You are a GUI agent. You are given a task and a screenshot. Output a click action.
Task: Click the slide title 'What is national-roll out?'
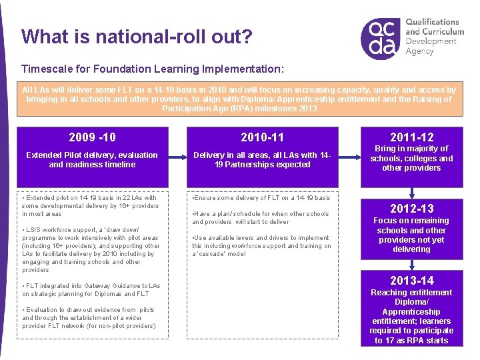coord(137,36)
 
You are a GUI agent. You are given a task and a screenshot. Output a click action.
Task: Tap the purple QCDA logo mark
coord(382,38)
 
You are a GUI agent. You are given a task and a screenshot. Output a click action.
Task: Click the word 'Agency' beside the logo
coord(420,51)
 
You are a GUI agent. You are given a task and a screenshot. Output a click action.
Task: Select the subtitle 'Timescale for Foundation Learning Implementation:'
coord(153,69)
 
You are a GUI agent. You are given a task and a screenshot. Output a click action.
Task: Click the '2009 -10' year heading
coord(92,137)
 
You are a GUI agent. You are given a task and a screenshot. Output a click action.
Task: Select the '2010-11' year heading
coord(262,137)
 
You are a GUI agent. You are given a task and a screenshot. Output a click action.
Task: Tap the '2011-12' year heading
coord(411,137)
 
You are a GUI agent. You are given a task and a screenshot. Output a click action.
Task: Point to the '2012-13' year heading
coord(411,209)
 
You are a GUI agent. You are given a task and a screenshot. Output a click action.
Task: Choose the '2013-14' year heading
coord(411,280)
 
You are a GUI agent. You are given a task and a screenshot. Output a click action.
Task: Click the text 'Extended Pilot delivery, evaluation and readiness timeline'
coord(92,160)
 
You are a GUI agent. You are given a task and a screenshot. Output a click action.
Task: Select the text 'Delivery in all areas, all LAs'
coord(261,160)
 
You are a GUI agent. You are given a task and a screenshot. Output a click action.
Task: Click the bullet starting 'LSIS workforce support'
coord(91,249)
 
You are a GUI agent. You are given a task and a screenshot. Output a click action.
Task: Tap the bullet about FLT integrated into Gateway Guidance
coord(91,289)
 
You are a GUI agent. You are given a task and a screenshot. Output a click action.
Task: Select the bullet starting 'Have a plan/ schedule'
coord(261,218)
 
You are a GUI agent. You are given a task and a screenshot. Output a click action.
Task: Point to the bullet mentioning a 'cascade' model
coord(261,245)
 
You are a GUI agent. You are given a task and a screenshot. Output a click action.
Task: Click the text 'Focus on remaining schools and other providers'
coord(411,235)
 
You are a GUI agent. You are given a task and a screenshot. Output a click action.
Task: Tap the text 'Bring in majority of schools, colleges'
coord(411,159)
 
